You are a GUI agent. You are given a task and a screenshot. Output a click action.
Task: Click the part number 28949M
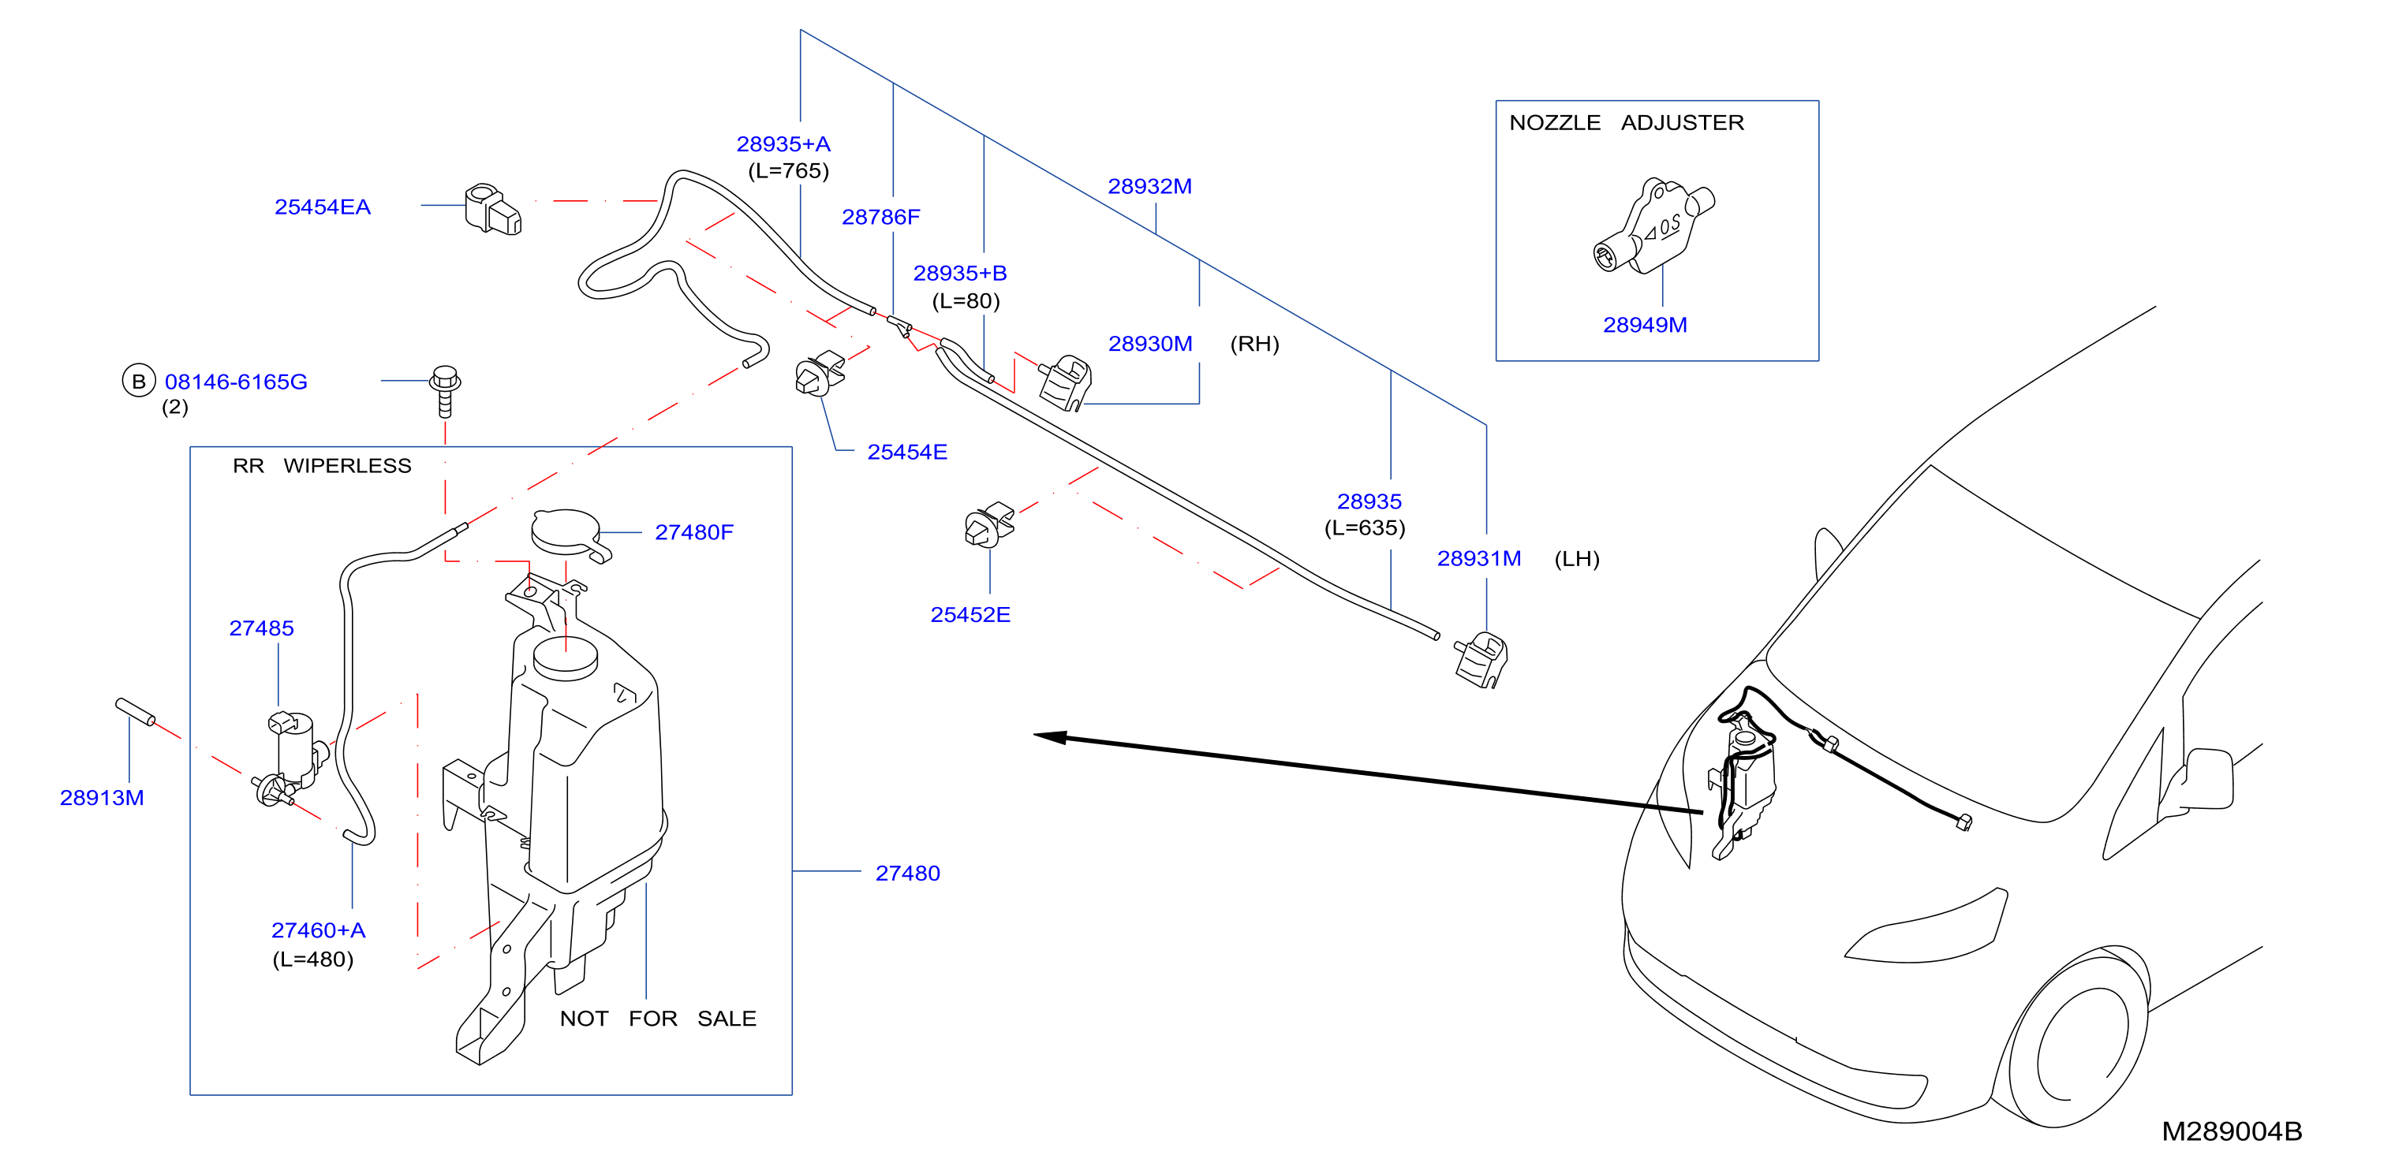point(1644,326)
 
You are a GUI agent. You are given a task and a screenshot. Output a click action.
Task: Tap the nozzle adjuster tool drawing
point(1653,225)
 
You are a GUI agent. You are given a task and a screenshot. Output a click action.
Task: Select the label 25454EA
point(322,207)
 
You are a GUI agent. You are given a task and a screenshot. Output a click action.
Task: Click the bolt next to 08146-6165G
point(446,391)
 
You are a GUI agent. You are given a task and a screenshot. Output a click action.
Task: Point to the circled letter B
point(139,380)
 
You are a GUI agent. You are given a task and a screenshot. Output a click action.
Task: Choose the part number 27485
point(261,628)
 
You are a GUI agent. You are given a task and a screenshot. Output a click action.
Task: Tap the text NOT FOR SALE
point(657,1019)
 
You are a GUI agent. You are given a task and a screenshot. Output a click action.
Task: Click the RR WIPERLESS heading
point(322,466)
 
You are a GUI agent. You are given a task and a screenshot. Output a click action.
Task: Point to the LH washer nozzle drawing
point(1481,660)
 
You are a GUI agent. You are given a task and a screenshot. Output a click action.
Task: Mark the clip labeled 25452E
point(988,525)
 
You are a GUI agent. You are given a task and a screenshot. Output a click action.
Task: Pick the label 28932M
point(1149,187)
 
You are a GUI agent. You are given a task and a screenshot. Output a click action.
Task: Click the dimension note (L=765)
point(788,171)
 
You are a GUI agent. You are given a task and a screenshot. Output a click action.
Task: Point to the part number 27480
point(907,874)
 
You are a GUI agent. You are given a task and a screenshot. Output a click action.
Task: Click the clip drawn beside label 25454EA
point(493,209)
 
